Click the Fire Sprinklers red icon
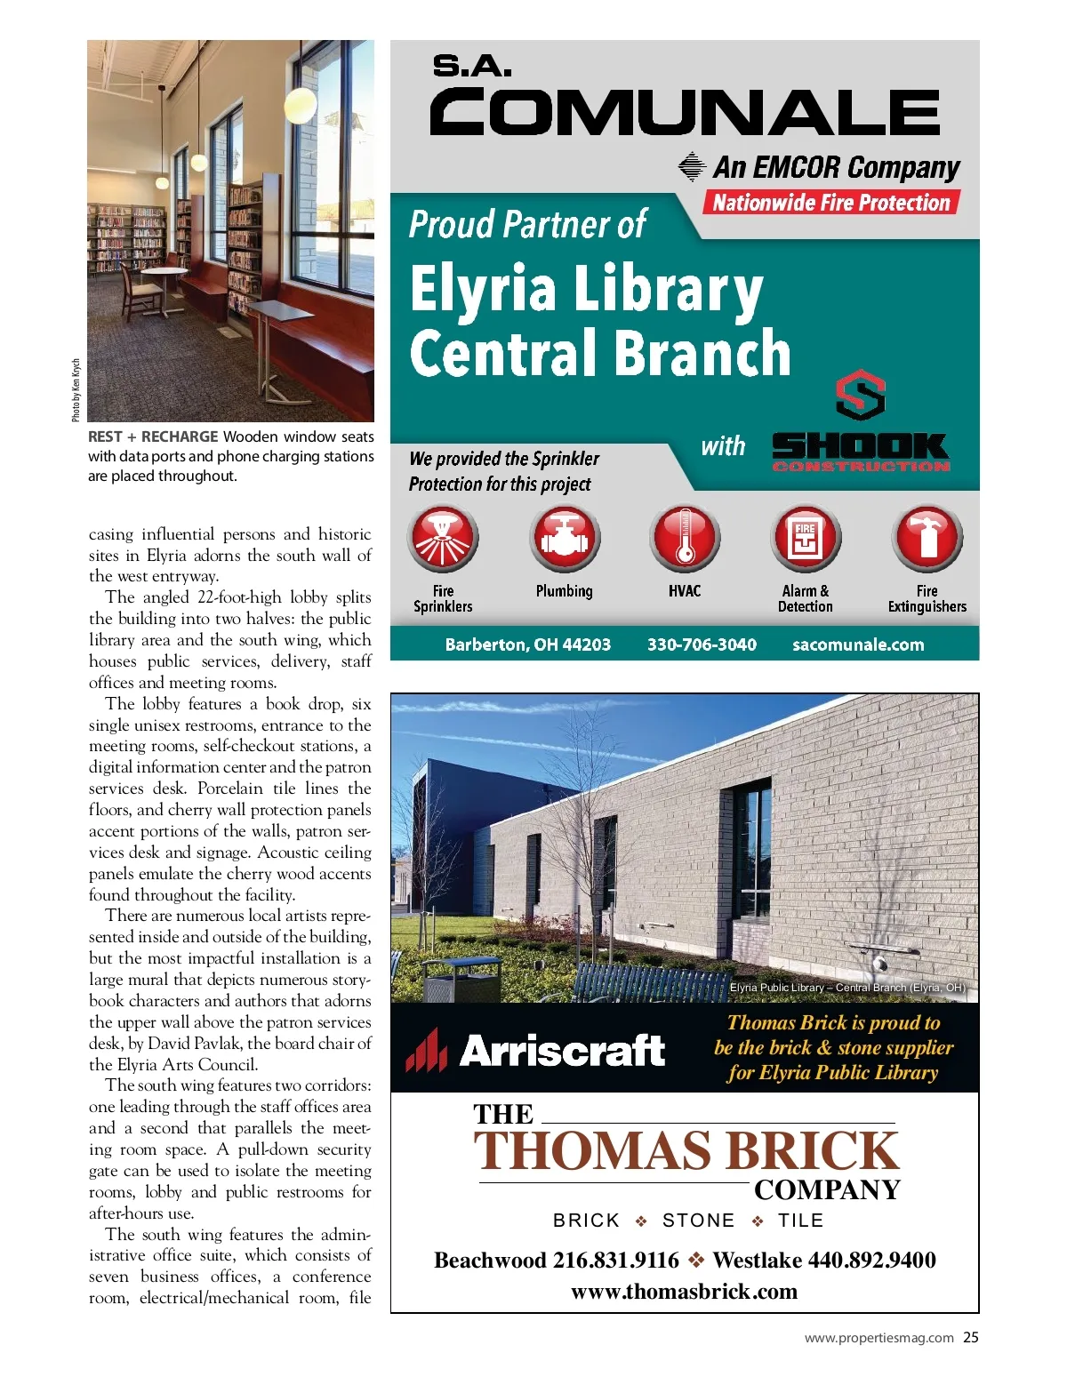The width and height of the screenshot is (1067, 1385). (x=443, y=538)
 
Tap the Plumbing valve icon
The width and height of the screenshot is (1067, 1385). (x=565, y=538)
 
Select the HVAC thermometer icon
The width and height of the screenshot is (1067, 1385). (x=685, y=538)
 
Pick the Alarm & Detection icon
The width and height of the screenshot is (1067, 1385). (x=806, y=538)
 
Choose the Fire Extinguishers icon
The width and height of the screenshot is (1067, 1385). (x=927, y=538)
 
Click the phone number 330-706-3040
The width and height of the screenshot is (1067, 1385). (x=702, y=644)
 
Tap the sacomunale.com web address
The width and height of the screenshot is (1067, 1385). (x=858, y=644)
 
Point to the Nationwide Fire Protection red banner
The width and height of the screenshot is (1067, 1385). (x=831, y=203)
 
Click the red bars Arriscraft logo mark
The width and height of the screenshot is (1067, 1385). (x=426, y=1051)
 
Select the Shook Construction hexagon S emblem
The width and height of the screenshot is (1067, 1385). (x=860, y=395)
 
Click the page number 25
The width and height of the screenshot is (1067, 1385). (x=971, y=1337)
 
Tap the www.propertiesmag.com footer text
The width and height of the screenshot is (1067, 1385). (x=878, y=1338)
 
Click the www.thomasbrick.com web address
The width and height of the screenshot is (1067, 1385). (x=684, y=1291)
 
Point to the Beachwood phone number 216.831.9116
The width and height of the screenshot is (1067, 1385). (x=615, y=1260)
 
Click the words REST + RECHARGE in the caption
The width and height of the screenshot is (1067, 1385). (x=153, y=436)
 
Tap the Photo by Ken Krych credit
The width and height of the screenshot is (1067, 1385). (x=76, y=390)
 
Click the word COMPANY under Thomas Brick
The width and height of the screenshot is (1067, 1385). (x=827, y=1189)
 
